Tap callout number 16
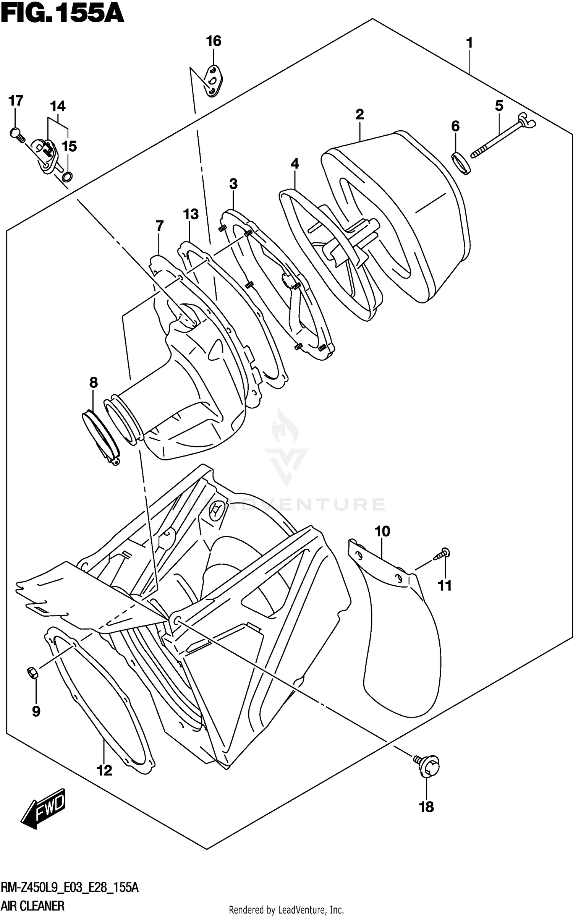(214, 41)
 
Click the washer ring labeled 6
(461, 162)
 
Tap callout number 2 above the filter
(359, 114)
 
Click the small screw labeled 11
(444, 554)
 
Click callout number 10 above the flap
(382, 531)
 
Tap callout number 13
(191, 214)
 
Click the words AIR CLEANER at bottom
(32, 906)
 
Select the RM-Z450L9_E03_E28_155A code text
(70, 887)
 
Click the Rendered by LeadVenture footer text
(286, 910)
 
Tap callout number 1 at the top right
(469, 43)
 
